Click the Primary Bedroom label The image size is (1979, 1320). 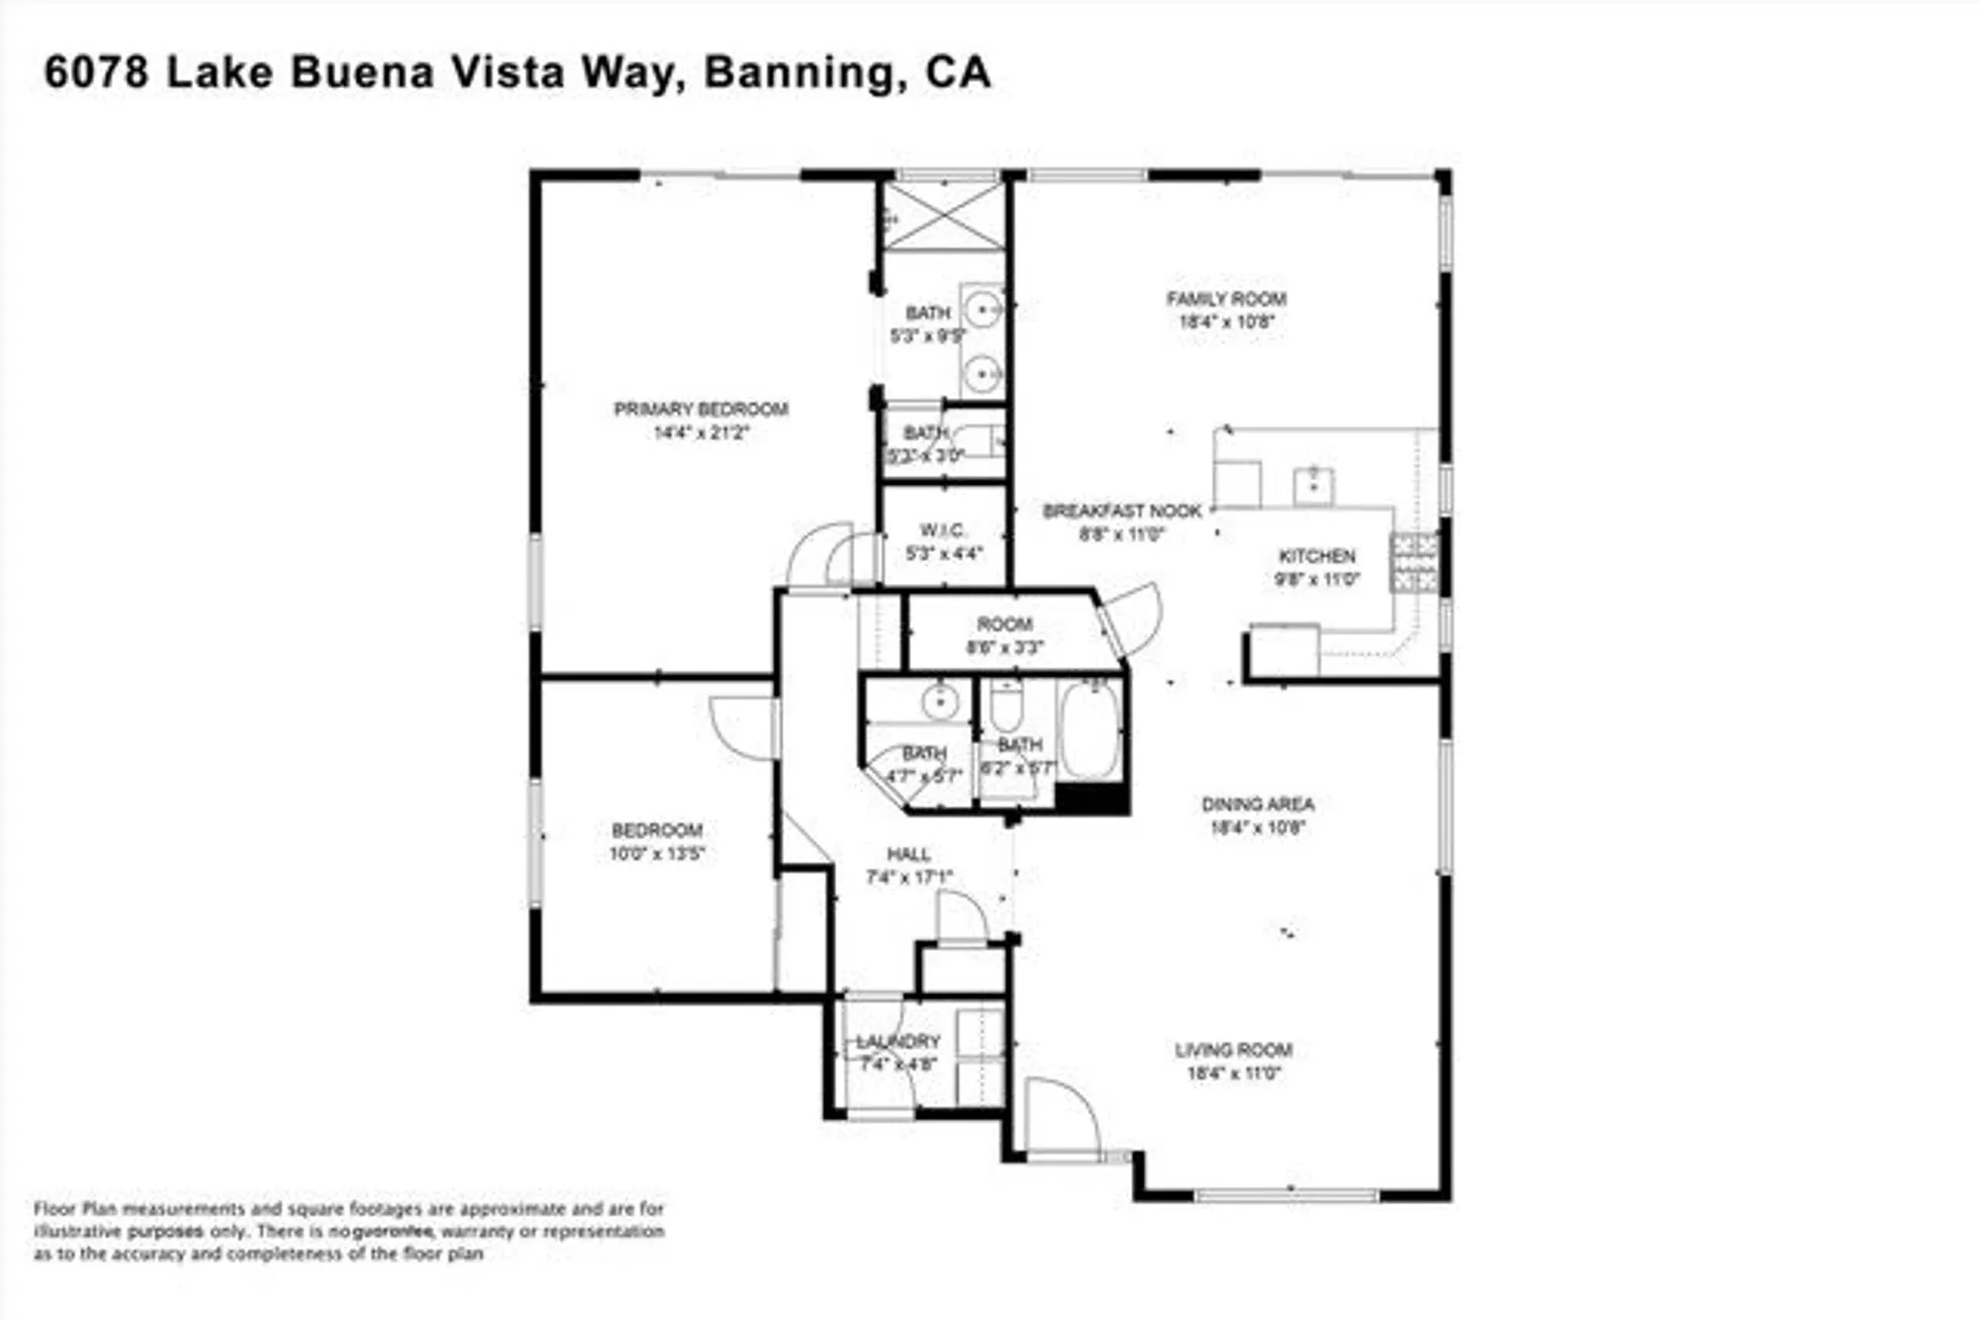click(701, 409)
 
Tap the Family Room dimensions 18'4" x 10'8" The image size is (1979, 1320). click(1226, 322)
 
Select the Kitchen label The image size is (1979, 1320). click(1316, 556)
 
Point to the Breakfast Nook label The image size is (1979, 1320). click(1121, 511)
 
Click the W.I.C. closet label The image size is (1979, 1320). click(942, 529)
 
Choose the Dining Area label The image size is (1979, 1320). click(1258, 803)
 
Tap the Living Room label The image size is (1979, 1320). click(1233, 1050)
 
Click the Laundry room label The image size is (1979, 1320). click(897, 1042)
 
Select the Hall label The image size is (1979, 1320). click(907, 854)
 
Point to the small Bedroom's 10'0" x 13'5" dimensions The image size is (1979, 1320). click(657, 853)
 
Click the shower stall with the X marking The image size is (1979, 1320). click(943, 216)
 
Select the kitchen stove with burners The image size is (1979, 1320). click(1414, 562)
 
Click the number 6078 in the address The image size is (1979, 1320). click(96, 72)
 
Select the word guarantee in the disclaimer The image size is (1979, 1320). click(391, 1232)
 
